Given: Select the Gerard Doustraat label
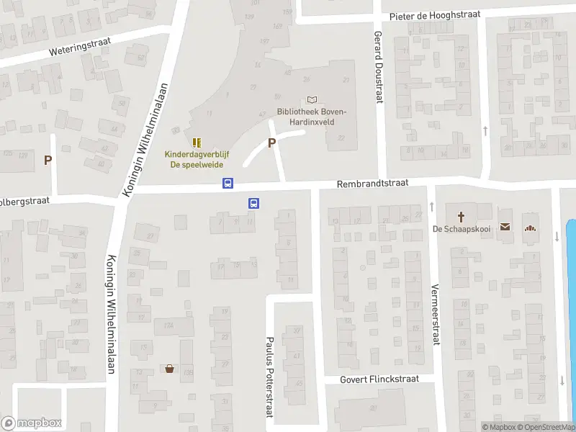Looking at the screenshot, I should click(377, 66).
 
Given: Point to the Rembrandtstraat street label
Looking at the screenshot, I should click(372, 184).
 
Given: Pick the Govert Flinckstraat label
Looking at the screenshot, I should click(379, 379).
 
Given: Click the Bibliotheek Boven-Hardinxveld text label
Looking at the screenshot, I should click(312, 117).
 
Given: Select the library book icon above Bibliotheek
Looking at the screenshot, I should click(312, 100).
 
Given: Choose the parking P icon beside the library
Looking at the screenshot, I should click(271, 143).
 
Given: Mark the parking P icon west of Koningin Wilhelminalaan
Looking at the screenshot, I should click(48, 161).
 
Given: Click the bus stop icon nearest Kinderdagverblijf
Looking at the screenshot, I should click(228, 184).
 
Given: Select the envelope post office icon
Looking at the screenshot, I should click(505, 228).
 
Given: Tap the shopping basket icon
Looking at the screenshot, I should click(170, 369).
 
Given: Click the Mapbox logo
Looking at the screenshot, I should click(32, 423).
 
